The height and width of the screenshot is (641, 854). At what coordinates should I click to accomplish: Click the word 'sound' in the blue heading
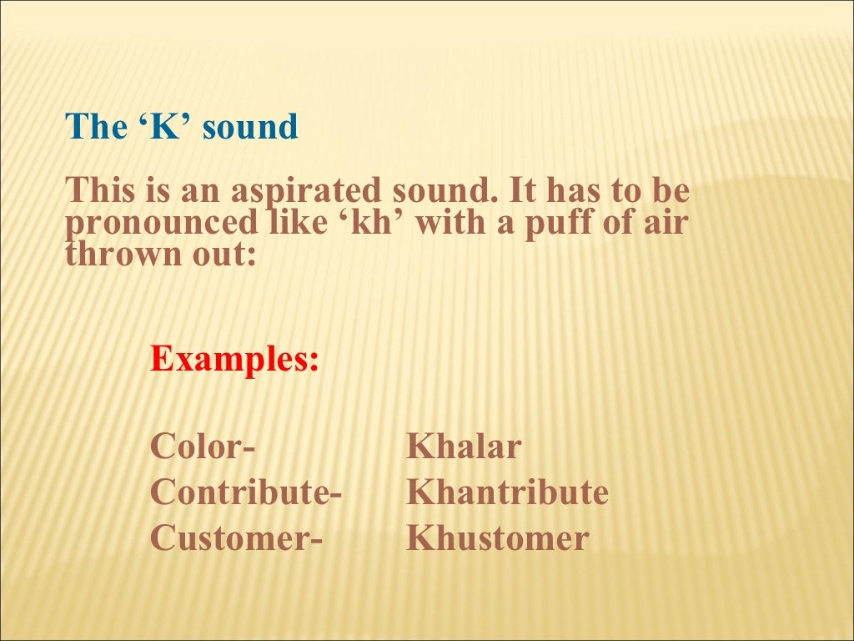250,128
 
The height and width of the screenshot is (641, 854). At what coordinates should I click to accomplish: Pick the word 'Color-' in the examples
203,447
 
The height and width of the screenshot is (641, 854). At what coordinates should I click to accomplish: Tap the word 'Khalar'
464,447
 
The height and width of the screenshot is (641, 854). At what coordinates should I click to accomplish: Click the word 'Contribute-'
246,492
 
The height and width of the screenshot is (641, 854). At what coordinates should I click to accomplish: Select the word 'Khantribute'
507,492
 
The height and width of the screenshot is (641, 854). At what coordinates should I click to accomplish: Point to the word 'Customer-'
237,538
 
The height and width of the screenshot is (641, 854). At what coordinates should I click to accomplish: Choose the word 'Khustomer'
497,538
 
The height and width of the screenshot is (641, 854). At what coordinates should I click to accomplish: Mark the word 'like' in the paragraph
295,223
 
